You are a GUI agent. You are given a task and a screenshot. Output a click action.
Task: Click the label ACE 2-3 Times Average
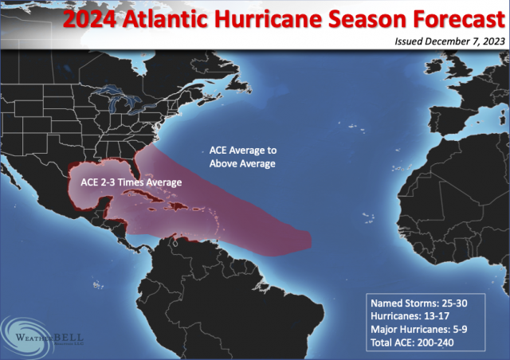(131, 182)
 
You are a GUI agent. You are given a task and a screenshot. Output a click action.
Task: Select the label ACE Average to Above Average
(242, 157)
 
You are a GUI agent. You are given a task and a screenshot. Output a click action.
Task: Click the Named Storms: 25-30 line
(426, 303)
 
